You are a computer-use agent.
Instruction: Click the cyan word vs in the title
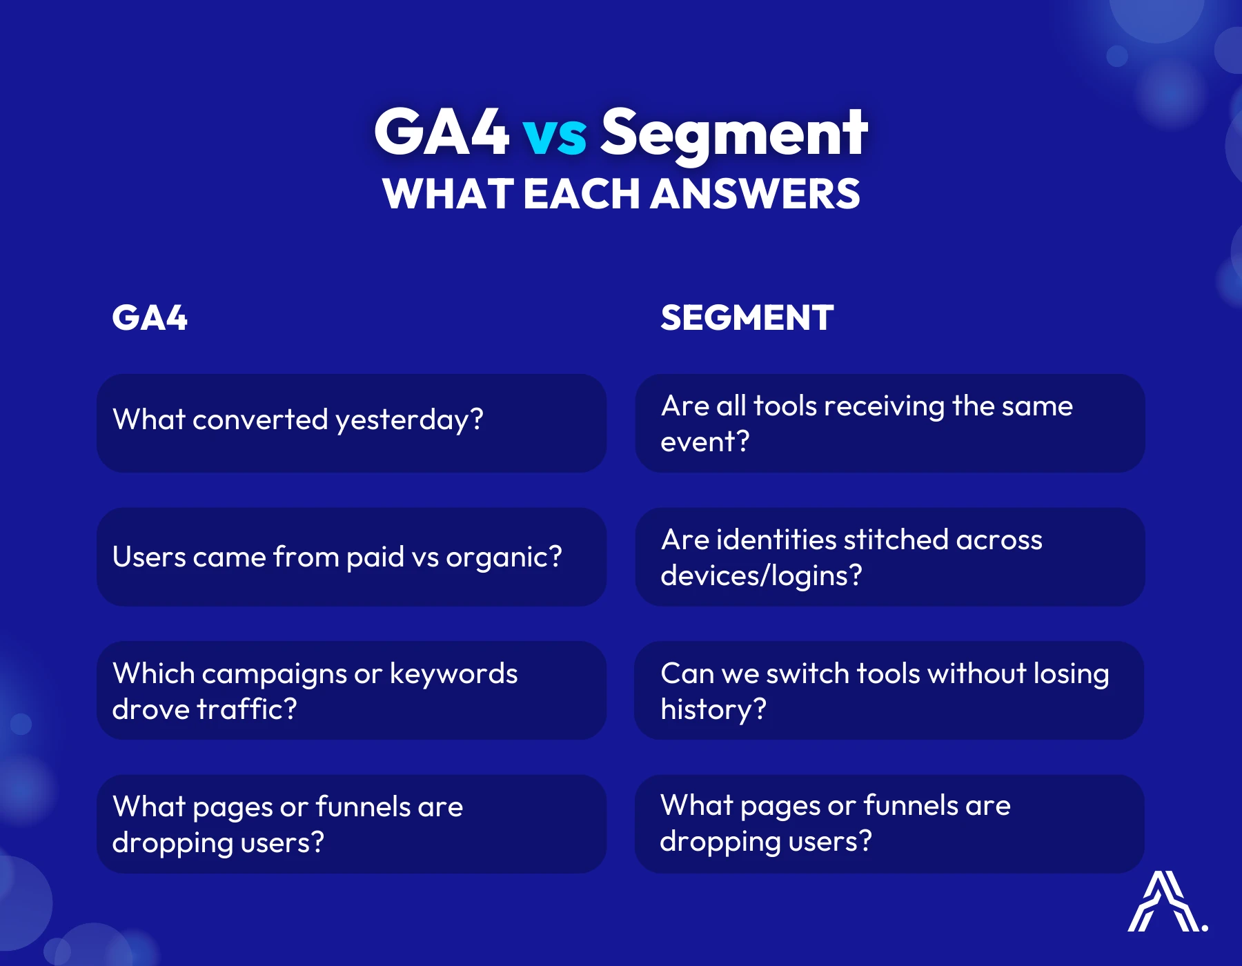(x=554, y=135)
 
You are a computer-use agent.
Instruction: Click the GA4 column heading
(x=150, y=318)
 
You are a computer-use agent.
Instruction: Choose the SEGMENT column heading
(x=747, y=318)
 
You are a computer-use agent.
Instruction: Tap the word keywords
(x=453, y=674)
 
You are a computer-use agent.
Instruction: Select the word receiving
(x=883, y=406)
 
